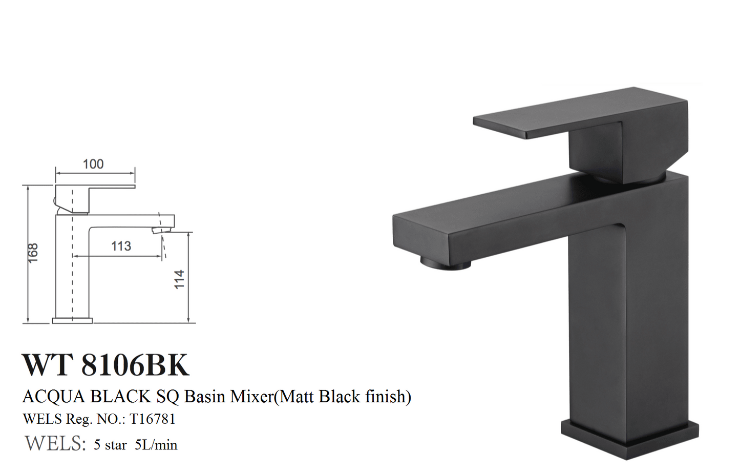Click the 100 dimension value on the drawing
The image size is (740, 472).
click(x=93, y=164)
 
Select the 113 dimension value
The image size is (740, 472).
click(x=121, y=246)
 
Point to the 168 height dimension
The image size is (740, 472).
click(x=33, y=253)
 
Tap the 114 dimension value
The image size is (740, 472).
click(x=179, y=279)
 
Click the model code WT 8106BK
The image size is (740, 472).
click(x=105, y=364)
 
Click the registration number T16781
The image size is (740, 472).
click(x=153, y=419)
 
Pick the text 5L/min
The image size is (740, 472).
click(x=156, y=445)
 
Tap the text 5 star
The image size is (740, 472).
click(x=110, y=445)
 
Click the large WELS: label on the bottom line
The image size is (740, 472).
click(x=55, y=443)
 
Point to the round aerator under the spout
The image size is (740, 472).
click(x=445, y=263)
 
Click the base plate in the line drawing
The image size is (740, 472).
click(x=72, y=320)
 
